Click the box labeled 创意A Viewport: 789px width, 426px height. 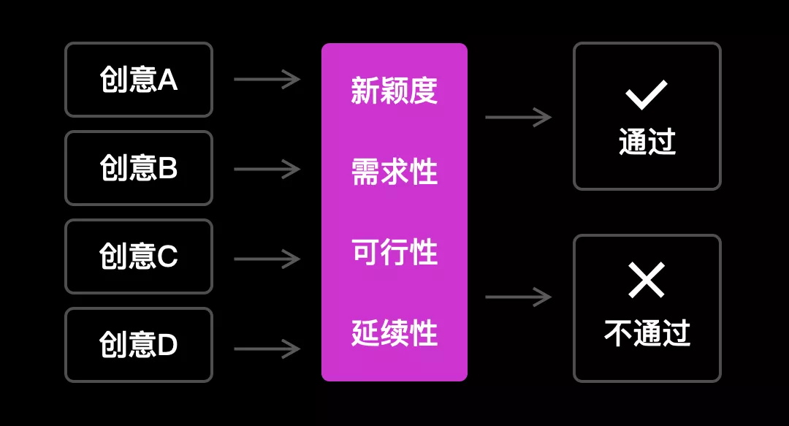tap(139, 80)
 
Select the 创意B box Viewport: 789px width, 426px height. tap(139, 168)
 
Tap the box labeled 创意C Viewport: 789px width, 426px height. tap(139, 256)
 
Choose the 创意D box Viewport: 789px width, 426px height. tap(139, 345)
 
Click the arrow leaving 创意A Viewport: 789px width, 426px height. tap(267, 79)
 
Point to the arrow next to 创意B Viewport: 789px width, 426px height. tap(267, 170)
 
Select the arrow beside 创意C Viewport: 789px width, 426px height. tap(267, 259)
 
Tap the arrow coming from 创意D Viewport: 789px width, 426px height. tap(267, 349)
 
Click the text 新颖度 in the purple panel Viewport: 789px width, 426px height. tap(394, 91)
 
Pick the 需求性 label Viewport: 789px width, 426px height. tap(394, 172)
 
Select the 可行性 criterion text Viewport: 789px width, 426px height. tap(394, 253)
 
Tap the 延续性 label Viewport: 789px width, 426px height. tap(394, 333)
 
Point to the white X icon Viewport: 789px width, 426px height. tap(647, 281)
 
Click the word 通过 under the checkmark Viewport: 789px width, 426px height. tap(647, 142)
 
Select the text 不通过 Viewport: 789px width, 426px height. tap(647, 333)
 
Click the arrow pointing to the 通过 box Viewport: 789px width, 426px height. tap(518, 117)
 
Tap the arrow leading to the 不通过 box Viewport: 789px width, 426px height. tap(518, 297)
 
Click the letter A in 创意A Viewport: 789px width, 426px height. tap(168, 80)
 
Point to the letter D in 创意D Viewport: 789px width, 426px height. tap(167, 345)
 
